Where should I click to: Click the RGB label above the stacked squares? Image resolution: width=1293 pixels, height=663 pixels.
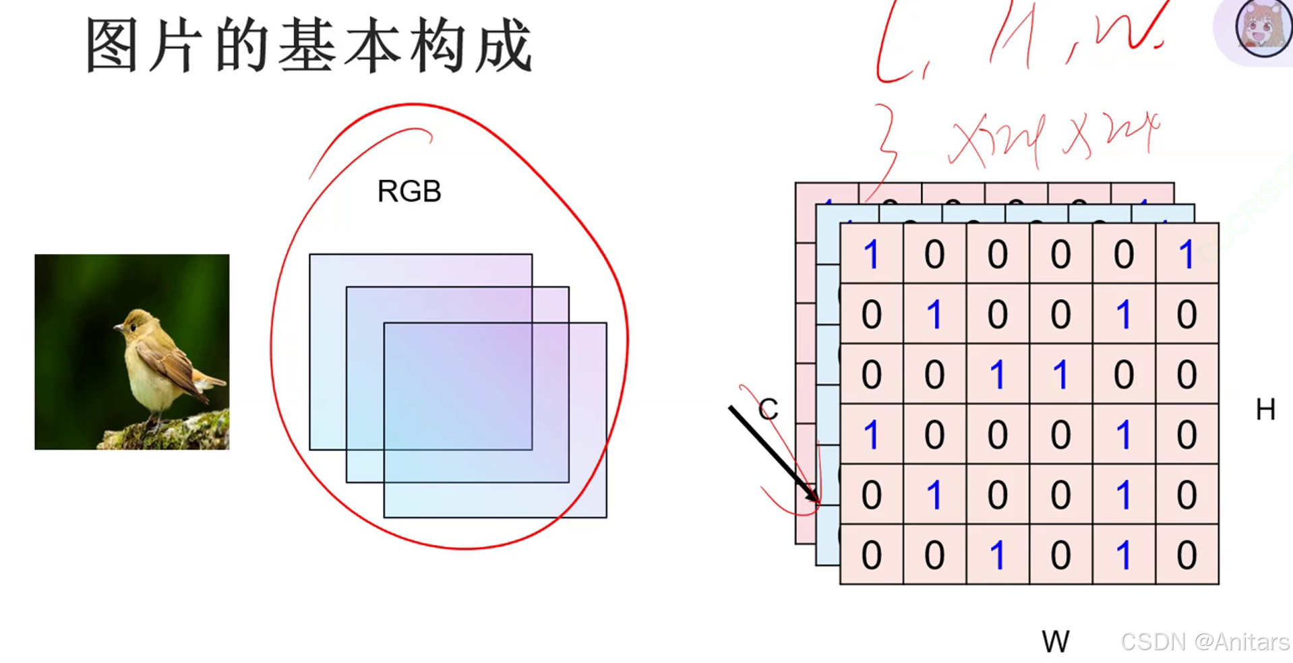click(409, 191)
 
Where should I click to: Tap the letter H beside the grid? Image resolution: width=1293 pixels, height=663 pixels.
click(1265, 410)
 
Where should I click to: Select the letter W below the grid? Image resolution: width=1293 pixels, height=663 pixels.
click(1055, 641)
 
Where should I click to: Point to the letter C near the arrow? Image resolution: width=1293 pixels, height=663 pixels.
click(768, 409)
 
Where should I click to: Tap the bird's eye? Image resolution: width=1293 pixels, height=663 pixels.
click(133, 327)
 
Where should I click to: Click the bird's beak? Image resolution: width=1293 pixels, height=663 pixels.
click(118, 329)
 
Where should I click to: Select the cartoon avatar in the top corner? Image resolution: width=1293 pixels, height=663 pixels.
click(1263, 28)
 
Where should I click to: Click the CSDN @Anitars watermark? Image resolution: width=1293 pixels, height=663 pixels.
click(1204, 641)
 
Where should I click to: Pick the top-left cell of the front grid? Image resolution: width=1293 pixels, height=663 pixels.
click(871, 254)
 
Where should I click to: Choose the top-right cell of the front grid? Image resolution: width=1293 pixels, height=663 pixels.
click(1186, 254)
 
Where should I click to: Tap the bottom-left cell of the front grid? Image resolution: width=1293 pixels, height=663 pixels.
click(871, 555)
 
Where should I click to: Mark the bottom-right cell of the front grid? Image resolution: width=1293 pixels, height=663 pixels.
click(1186, 555)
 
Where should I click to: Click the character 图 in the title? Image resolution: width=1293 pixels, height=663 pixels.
click(113, 46)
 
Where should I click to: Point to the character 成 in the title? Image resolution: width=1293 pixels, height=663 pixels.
click(503, 46)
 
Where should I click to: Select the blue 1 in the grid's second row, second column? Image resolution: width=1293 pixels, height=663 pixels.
click(934, 314)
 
